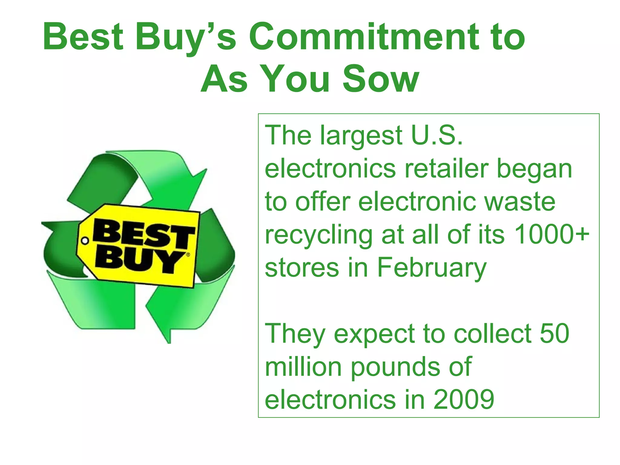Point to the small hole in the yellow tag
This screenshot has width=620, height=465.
click(85, 241)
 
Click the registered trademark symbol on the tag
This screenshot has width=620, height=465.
click(188, 255)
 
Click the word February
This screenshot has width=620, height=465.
click(431, 268)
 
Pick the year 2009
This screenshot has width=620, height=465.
click(464, 400)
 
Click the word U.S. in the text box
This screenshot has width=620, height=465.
click(437, 135)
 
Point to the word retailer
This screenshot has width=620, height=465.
click(447, 169)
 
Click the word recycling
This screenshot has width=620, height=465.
click(319, 235)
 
